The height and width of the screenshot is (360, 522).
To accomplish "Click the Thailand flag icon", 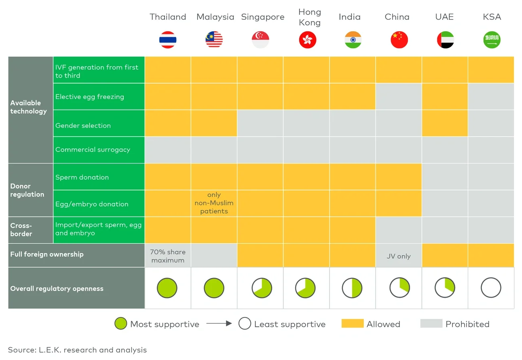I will click(168, 40).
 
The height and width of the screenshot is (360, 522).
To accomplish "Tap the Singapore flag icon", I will click(260, 40).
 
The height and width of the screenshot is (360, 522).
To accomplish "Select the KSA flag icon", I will click(491, 40).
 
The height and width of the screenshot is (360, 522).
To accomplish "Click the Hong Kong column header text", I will click(310, 17).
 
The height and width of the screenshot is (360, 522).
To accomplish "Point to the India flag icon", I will click(353, 40).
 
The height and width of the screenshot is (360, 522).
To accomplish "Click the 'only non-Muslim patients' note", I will click(214, 203).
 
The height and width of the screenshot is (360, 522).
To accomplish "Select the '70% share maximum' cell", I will click(168, 256).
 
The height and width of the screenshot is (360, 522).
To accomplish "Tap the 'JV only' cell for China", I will click(398, 256).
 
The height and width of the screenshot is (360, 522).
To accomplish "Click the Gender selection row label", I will click(83, 125).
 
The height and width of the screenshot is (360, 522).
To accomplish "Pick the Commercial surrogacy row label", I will click(93, 149).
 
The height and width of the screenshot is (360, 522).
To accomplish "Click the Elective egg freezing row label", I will click(90, 96).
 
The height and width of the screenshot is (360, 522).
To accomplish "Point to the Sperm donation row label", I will click(82, 177).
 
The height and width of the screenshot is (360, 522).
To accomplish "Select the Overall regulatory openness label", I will click(57, 288).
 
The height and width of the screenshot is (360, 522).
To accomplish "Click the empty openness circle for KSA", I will click(491, 288).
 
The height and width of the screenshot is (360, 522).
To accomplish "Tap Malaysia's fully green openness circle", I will click(214, 288).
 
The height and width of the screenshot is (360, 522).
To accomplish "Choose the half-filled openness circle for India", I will click(352, 288).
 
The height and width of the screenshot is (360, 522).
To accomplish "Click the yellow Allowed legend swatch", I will click(352, 323).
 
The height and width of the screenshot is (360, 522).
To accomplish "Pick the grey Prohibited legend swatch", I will click(431, 323).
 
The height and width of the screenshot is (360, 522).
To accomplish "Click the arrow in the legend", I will click(219, 323).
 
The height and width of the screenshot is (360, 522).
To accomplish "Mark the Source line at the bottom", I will click(77, 350).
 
